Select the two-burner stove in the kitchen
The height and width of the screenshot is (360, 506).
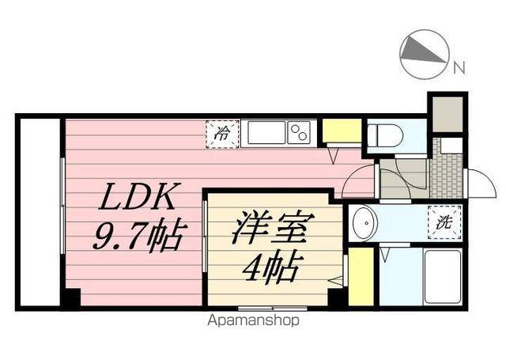point(298,132)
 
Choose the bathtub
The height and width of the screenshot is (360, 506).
point(440,276)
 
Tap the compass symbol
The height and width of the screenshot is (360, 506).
point(424,54)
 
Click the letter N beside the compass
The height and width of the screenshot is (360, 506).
point(458,68)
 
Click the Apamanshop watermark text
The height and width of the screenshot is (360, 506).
point(253,321)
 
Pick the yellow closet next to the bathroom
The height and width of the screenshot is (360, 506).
point(361,276)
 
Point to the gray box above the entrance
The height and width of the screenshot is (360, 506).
point(446,113)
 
